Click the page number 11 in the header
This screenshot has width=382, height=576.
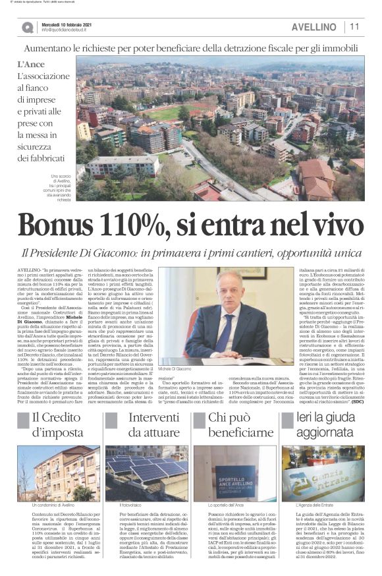354,27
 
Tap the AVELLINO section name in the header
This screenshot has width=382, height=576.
314,27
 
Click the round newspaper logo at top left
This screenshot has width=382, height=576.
27,27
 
